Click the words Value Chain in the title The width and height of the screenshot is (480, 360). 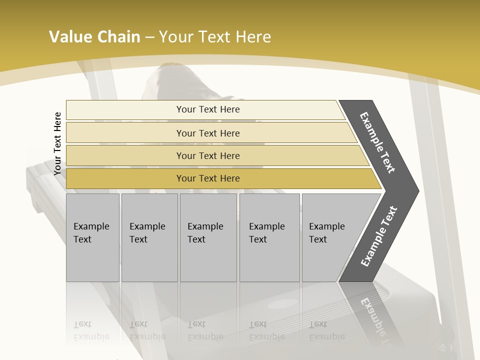[x=94, y=36]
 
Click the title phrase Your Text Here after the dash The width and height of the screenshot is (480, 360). [x=215, y=36]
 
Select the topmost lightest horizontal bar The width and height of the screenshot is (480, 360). [x=125, y=109]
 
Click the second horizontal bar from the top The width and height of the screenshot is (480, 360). [x=125, y=133]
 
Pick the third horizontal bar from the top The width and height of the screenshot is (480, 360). [x=125, y=155]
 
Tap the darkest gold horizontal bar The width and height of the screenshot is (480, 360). [x=125, y=178]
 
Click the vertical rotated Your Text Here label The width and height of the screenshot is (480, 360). [x=57, y=143]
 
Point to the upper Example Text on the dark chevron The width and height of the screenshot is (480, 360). [x=377, y=142]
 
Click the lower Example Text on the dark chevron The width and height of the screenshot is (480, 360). [x=379, y=236]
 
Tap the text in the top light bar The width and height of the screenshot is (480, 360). [x=208, y=109]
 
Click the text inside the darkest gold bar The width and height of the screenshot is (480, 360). [x=208, y=178]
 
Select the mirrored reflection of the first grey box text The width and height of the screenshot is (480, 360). [x=91, y=330]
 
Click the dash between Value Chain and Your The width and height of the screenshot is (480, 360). [x=149, y=37]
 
